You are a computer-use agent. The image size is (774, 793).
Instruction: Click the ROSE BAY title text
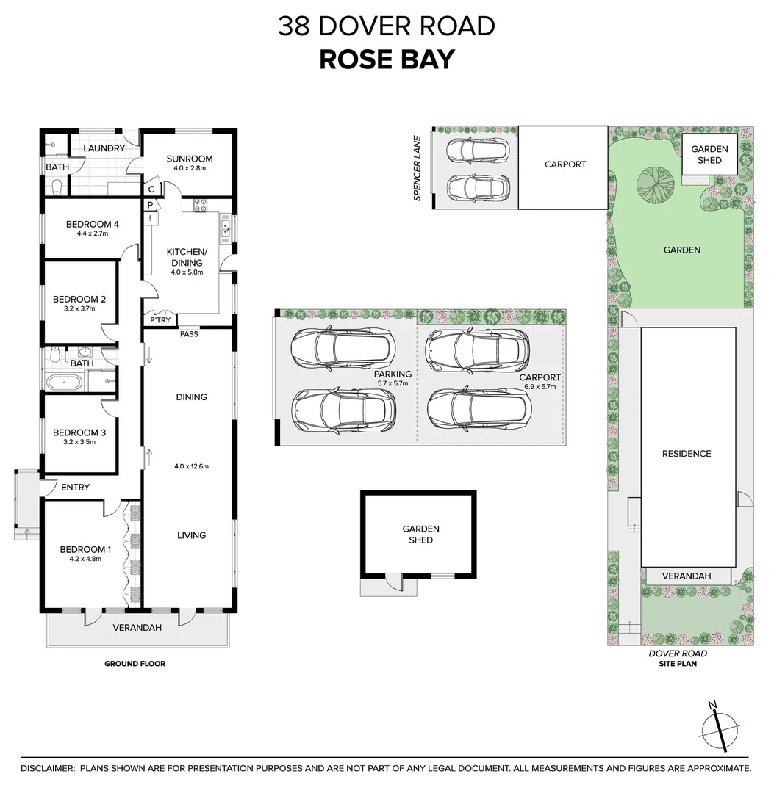tap(387, 59)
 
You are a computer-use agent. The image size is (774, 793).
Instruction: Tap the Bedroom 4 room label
tap(92, 225)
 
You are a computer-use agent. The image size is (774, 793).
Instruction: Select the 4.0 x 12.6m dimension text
tap(191, 466)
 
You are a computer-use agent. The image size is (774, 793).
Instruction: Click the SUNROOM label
tap(190, 159)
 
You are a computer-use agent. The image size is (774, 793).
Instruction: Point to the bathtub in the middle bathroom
tap(65, 382)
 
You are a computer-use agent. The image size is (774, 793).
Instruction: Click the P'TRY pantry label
tap(160, 320)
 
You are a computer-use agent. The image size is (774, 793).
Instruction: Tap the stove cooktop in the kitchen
tap(198, 207)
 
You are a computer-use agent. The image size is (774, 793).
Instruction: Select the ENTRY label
tap(75, 488)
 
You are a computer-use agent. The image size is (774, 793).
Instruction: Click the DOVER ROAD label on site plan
tap(678, 653)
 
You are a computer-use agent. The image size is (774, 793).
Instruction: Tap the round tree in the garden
tap(653, 184)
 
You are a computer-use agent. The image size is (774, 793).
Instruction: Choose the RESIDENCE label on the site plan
tap(687, 454)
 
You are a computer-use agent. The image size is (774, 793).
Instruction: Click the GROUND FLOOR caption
tap(135, 664)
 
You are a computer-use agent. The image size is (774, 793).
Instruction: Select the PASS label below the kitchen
tap(189, 334)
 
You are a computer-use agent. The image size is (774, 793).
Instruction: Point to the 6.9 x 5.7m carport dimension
tap(540, 386)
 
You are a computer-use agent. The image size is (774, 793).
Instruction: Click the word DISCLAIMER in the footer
tap(48, 768)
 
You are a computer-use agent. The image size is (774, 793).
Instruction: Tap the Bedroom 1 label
tap(85, 550)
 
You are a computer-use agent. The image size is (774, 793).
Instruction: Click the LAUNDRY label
tap(104, 148)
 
